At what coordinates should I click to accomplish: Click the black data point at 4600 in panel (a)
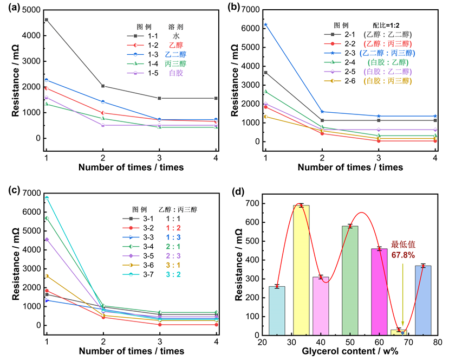47,20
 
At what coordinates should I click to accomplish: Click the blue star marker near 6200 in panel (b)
265,24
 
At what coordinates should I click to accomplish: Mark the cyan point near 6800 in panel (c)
47,198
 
